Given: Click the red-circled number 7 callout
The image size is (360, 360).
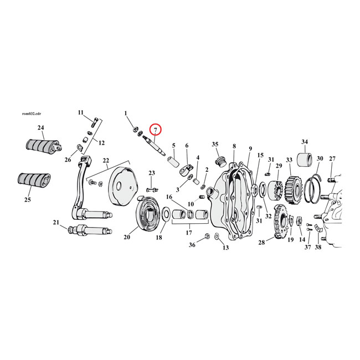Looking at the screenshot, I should pos(156,130).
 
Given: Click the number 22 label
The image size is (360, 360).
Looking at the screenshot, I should pos(105,161).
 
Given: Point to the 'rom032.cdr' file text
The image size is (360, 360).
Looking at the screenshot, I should pos(30,113).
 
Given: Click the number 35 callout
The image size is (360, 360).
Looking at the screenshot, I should pos(215,145).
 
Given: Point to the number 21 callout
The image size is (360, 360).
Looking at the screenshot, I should pos(56,223).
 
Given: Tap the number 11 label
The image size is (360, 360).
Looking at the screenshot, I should pos(80,112).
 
